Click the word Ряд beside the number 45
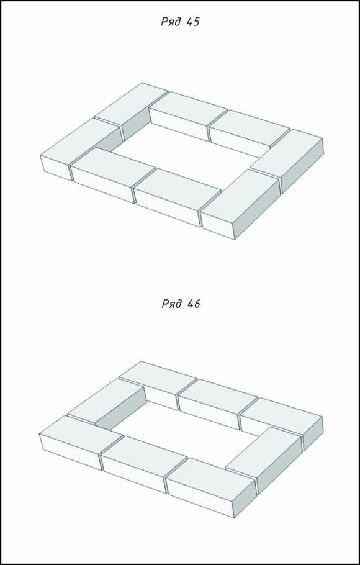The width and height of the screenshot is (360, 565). click(x=171, y=22)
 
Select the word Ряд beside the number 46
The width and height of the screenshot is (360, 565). click(x=171, y=304)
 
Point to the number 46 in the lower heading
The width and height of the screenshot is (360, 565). click(x=193, y=304)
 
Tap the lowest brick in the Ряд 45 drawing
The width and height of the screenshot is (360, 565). click(x=240, y=204)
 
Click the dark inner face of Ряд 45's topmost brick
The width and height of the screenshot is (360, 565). click(x=136, y=125)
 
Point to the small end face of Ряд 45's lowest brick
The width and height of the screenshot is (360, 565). click(x=218, y=225)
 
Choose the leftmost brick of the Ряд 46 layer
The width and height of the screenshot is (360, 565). click(x=81, y=442)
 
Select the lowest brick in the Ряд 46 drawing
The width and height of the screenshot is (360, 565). click(x=211, y=487)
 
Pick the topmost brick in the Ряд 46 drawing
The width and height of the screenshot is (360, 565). click(x=158, y=385)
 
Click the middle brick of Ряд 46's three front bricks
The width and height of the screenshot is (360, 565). click(x=144, y=464)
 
